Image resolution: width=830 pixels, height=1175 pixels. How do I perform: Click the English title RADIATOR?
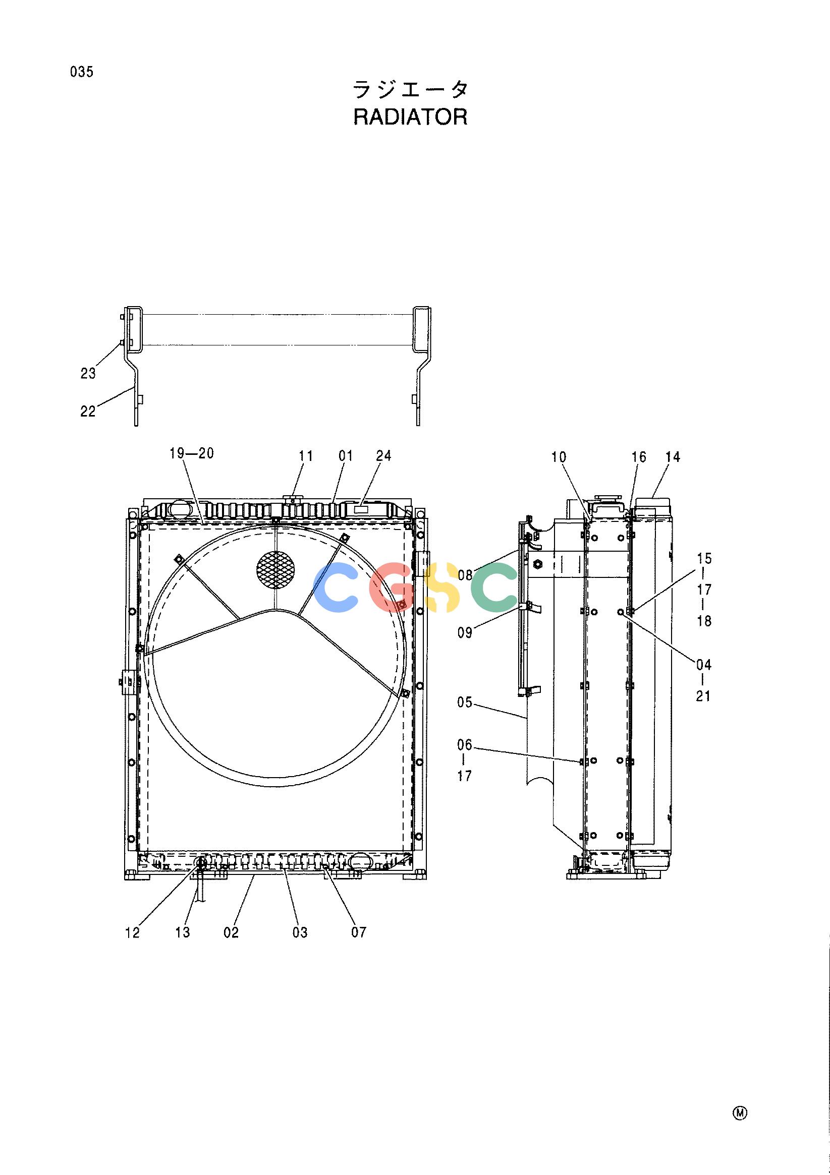click(x=410, y=117)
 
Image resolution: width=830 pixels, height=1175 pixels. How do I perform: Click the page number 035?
click(x=82, y=72)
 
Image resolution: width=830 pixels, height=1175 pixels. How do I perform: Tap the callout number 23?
click(x=88, y=374)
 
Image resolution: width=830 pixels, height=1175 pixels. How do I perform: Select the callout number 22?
click(x=88, y=411)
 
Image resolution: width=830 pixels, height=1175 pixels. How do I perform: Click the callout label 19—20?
click(x=192, y=453)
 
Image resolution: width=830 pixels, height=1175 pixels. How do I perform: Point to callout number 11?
click(x=306, y=455)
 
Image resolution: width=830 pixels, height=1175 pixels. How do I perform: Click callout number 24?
click(x=383, y=455)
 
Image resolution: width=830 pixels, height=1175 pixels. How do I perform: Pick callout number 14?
click(x=673, y=457)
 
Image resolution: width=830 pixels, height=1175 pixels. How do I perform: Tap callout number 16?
click(x=638, y=457)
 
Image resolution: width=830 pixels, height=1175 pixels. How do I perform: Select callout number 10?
click(x=559, y=457)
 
